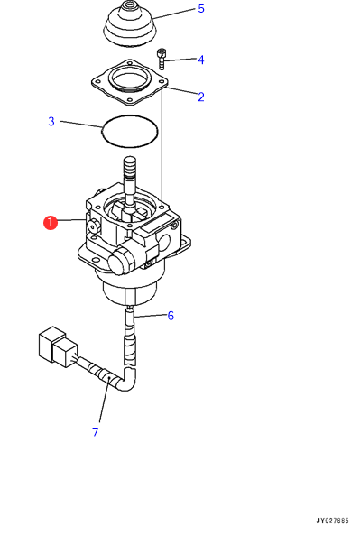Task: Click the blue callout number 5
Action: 201,8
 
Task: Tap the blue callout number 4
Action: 201,60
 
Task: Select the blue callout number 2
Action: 201,97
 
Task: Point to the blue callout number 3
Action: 51,121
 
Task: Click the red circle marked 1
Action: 51,223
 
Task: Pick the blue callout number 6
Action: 171,316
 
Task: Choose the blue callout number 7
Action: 96,432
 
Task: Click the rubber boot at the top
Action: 130,23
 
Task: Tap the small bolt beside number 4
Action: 162,60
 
